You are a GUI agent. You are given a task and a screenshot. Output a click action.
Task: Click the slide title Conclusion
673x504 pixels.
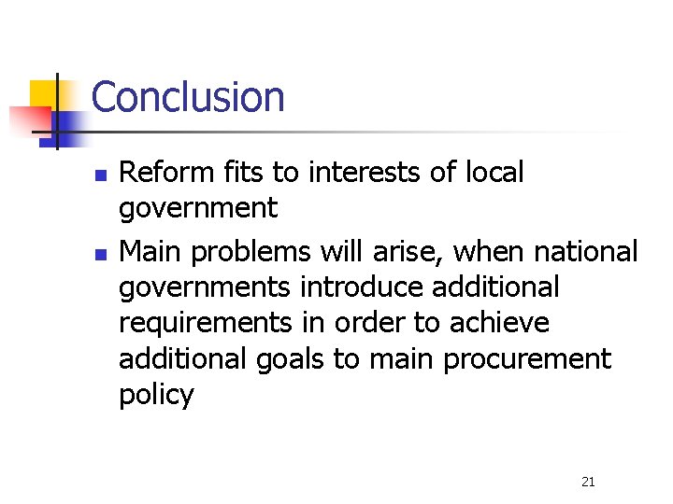[x=188, y=97]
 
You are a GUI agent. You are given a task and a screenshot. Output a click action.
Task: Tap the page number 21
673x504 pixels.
[x=588, y=482]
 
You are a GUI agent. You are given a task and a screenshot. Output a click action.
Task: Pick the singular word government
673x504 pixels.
[x=198, y=209]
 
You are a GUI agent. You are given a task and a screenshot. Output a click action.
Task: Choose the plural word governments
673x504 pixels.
[x=205, y=288]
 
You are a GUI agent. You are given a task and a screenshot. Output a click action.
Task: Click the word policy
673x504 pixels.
[x=156, y=395]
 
